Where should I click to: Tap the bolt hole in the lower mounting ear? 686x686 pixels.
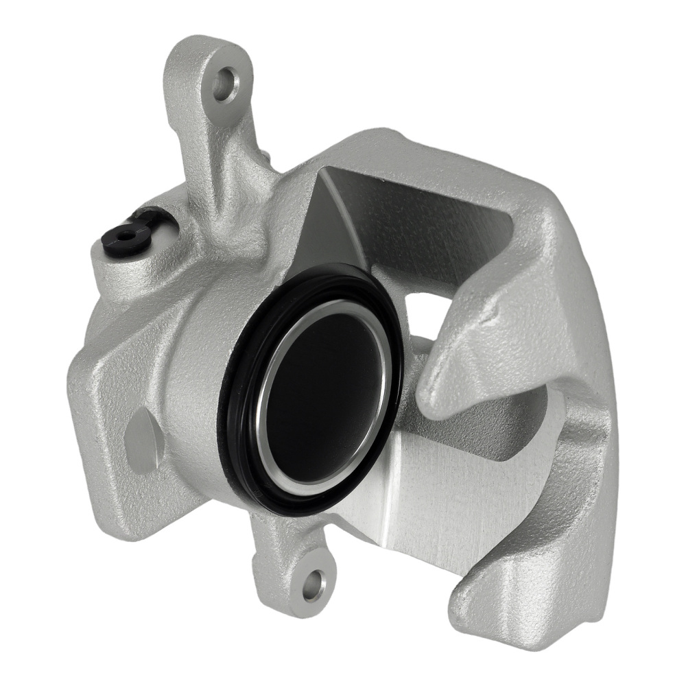(x=314, y=585)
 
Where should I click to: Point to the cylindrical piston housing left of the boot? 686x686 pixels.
(x=192, y=398)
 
